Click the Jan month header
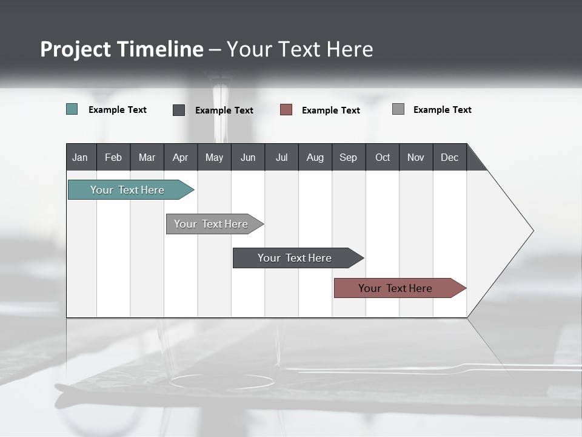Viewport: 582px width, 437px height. (81, 157)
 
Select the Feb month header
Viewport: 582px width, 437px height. (113, 157)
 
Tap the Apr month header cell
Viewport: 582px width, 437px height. (181, 157)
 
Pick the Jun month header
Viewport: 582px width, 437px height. (248, 157)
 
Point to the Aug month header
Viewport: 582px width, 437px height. (315, 157)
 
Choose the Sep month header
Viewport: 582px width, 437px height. (349, 157)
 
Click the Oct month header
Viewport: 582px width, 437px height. (383, 157)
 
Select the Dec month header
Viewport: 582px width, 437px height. (450, 157)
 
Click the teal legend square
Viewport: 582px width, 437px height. (72, 109)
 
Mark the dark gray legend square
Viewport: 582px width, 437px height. (179, 110)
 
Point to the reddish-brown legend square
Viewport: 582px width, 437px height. (286, 110)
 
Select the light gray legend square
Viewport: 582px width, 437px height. (398, 109)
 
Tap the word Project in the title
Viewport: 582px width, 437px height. (75, 49)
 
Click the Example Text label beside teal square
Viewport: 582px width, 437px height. (118, 110)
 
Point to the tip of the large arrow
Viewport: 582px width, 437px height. (532, 231)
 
